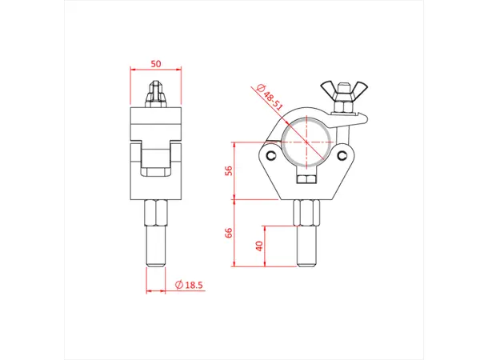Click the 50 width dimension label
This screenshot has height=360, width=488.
pos(155,63)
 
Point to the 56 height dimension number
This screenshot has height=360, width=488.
pos(227,170)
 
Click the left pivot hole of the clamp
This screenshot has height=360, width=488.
pos(274,155)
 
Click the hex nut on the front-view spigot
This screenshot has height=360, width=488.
pos(308,212)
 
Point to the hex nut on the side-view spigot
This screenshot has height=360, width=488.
pos(155,212)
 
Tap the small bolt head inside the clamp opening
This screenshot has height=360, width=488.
pos(309,177)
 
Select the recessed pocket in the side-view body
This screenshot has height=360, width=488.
pos(155,164)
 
